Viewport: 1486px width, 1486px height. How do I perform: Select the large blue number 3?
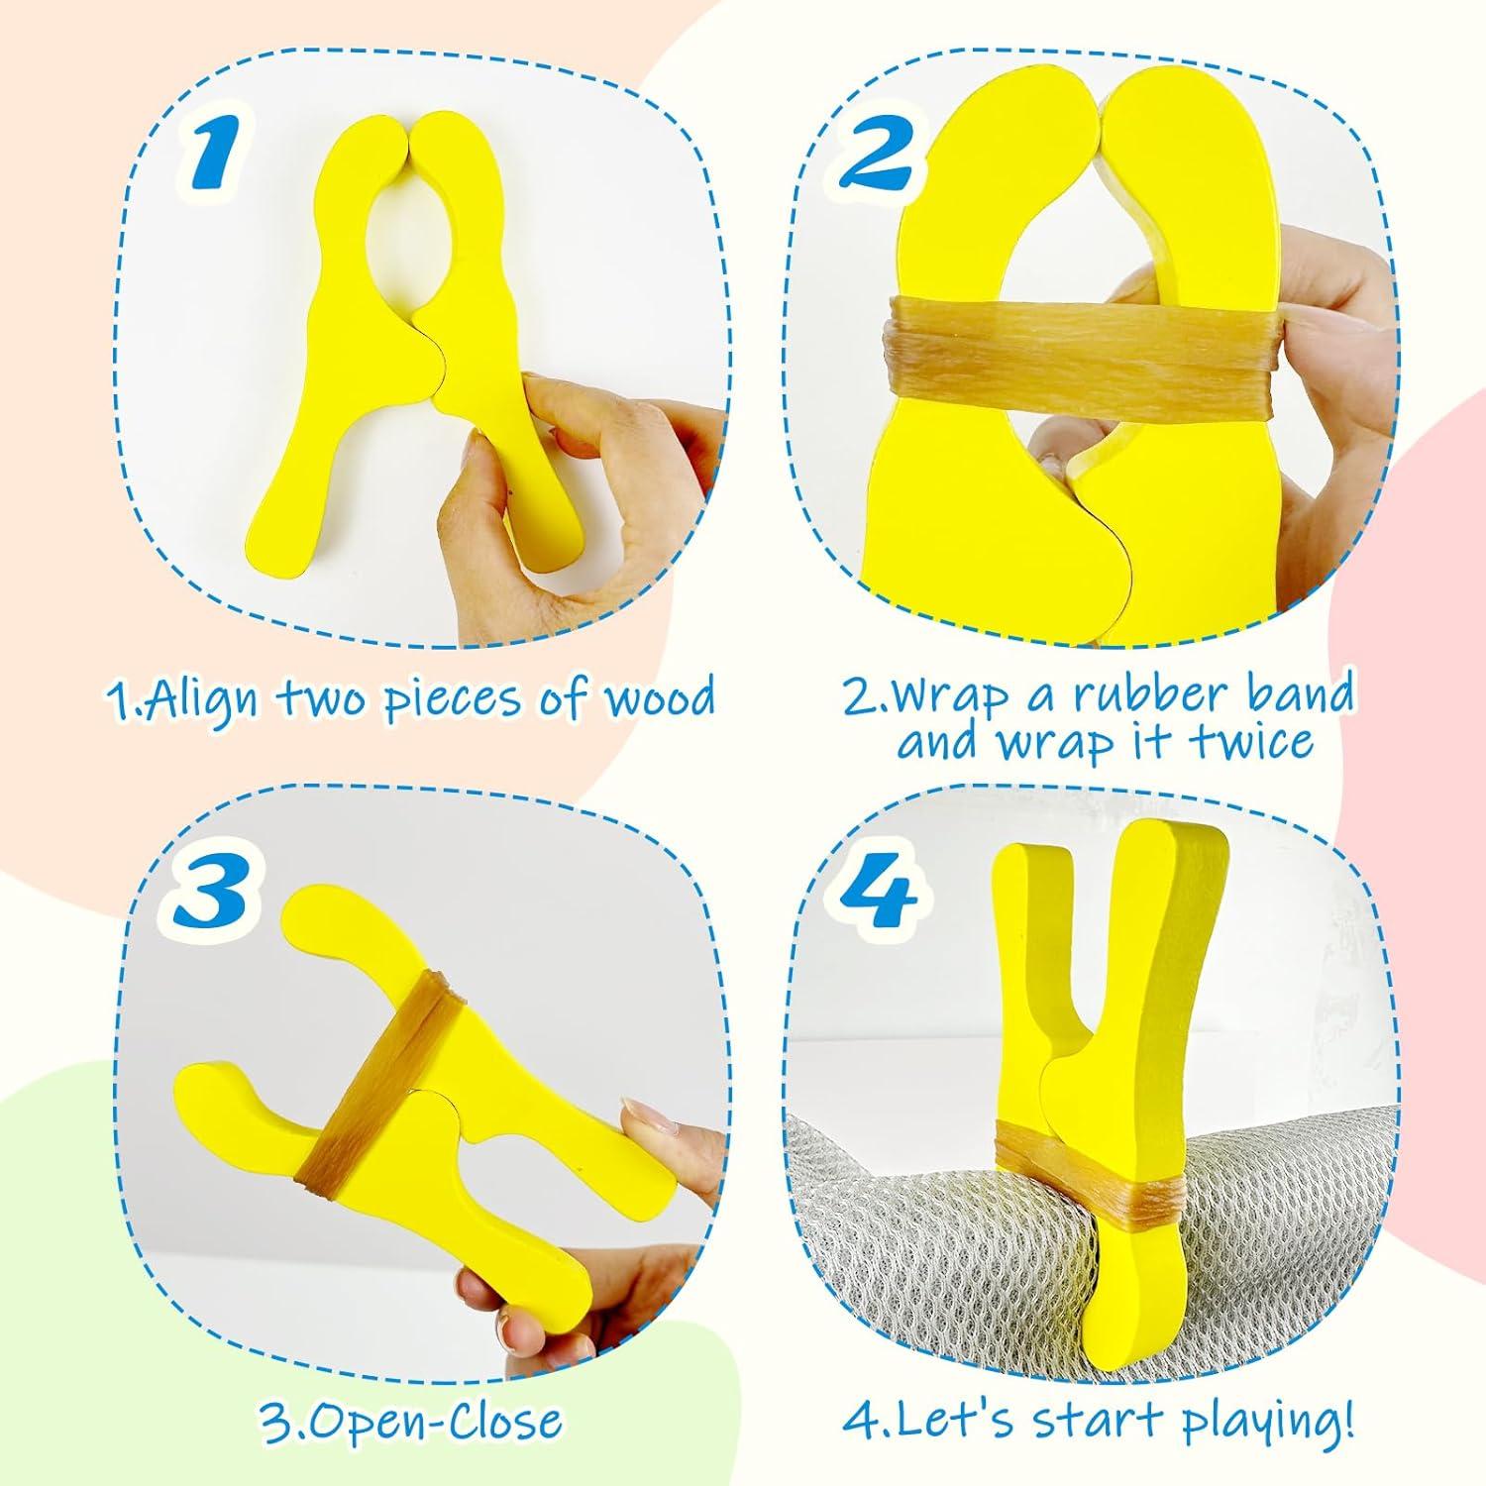pos(210,889)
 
